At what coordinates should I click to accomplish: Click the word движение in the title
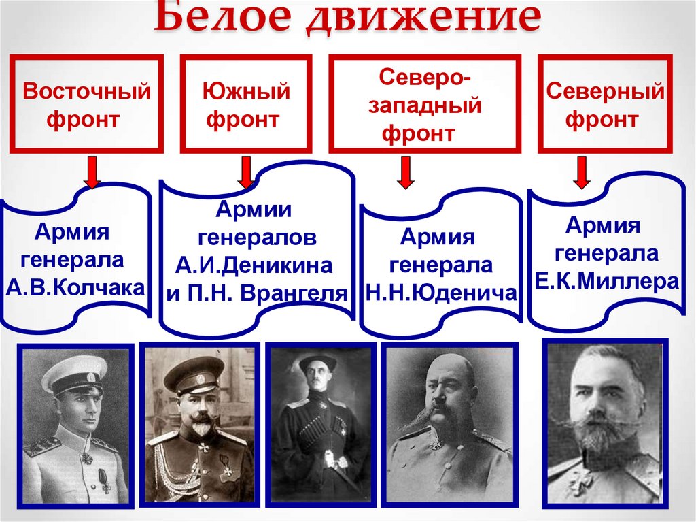[421, 20]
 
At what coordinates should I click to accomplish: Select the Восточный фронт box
[86, 104]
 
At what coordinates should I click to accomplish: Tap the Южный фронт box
[246, 104]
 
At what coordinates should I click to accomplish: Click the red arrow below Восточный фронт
[92, 174]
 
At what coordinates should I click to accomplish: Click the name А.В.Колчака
[75, 287]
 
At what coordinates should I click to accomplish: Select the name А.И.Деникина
[254, 265]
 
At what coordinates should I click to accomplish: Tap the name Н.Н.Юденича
[441, 293]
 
